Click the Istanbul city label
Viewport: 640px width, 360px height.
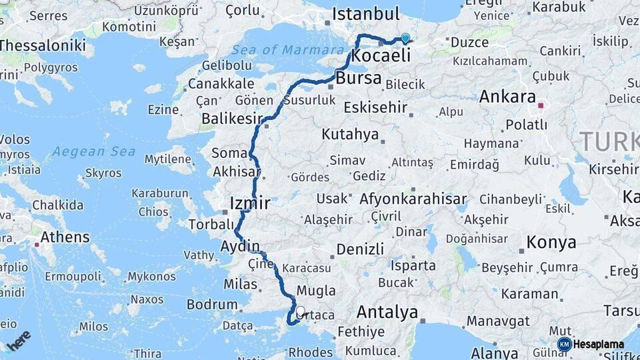click(x=365, y=14)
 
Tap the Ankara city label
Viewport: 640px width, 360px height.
click(x=507, y=97)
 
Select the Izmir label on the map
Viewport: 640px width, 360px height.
click(x=249, y=203)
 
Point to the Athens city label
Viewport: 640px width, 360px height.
click(x=65, y=237)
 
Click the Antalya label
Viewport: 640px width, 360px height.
click(x=387, y=312)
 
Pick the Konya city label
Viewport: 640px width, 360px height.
click(x=551, y=242)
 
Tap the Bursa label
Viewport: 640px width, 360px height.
click(x=359, y=78)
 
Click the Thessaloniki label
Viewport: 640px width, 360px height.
click(x=43, y=45)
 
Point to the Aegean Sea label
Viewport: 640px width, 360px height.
click(x=94, y=151)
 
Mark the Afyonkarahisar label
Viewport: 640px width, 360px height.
click(x=413, y=199)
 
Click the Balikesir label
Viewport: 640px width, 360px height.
click(x=232, y=119)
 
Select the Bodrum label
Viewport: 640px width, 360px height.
click(x=212, y=305)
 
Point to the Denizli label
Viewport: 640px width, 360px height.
click(x=360, y=249)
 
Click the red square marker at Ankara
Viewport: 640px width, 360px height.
click(x=540, y=105)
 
